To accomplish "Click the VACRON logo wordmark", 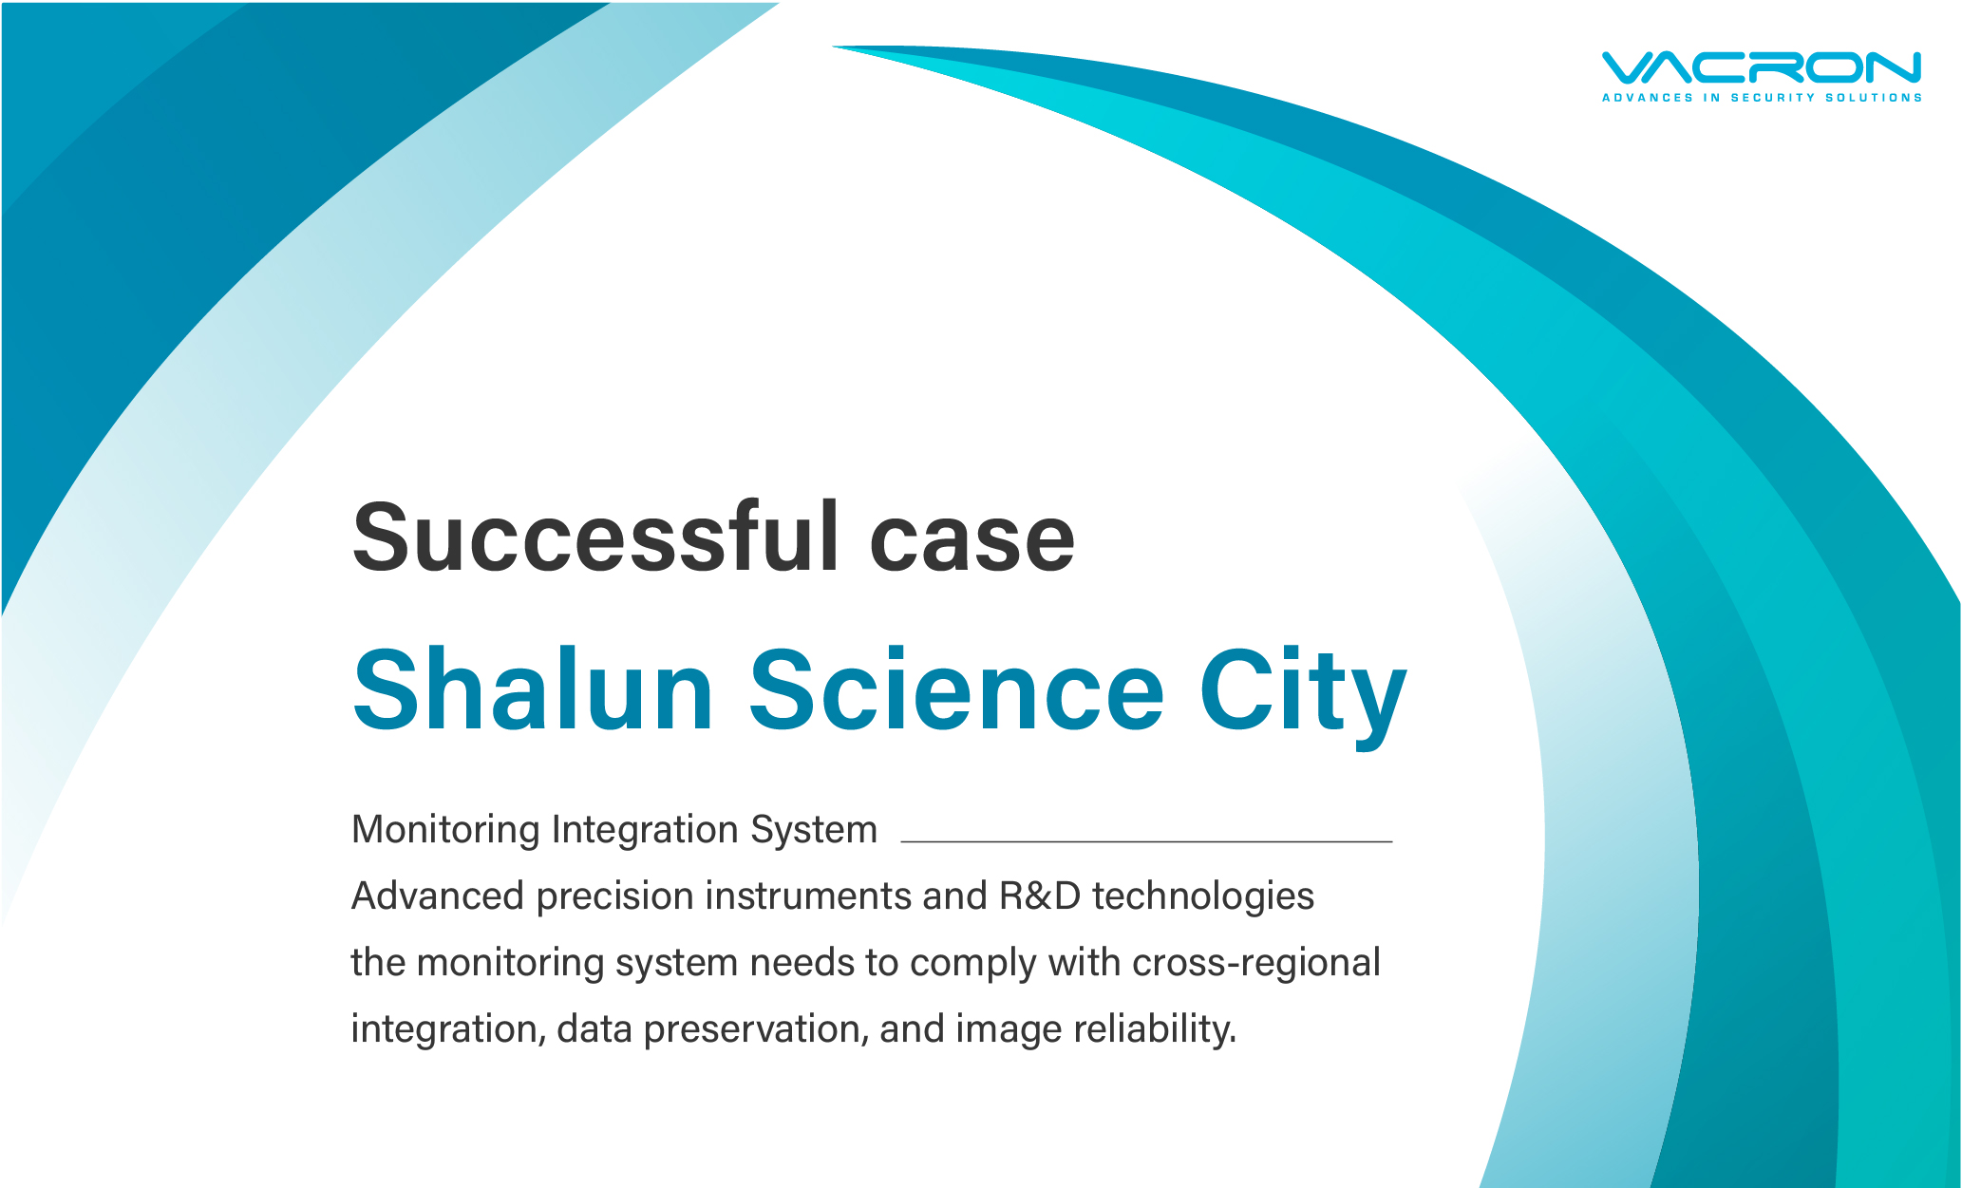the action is (x=1762, y=67).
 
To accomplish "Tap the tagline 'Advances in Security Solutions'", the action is (x=1762, y=98).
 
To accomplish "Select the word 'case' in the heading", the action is (x=972, y=544).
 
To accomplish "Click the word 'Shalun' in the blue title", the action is (x=533, y=689).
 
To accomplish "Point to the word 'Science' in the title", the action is (x=956, y=689).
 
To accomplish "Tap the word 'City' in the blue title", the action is (x=1303, y=696).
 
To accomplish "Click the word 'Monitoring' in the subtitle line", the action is (x=446, y=830).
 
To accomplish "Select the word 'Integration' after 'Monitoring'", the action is (x=645, y=830).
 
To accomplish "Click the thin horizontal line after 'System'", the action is (x=1146, y=841).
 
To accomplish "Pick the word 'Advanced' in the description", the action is (x=438, y=896).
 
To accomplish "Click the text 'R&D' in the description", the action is (x=1040, y=896).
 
